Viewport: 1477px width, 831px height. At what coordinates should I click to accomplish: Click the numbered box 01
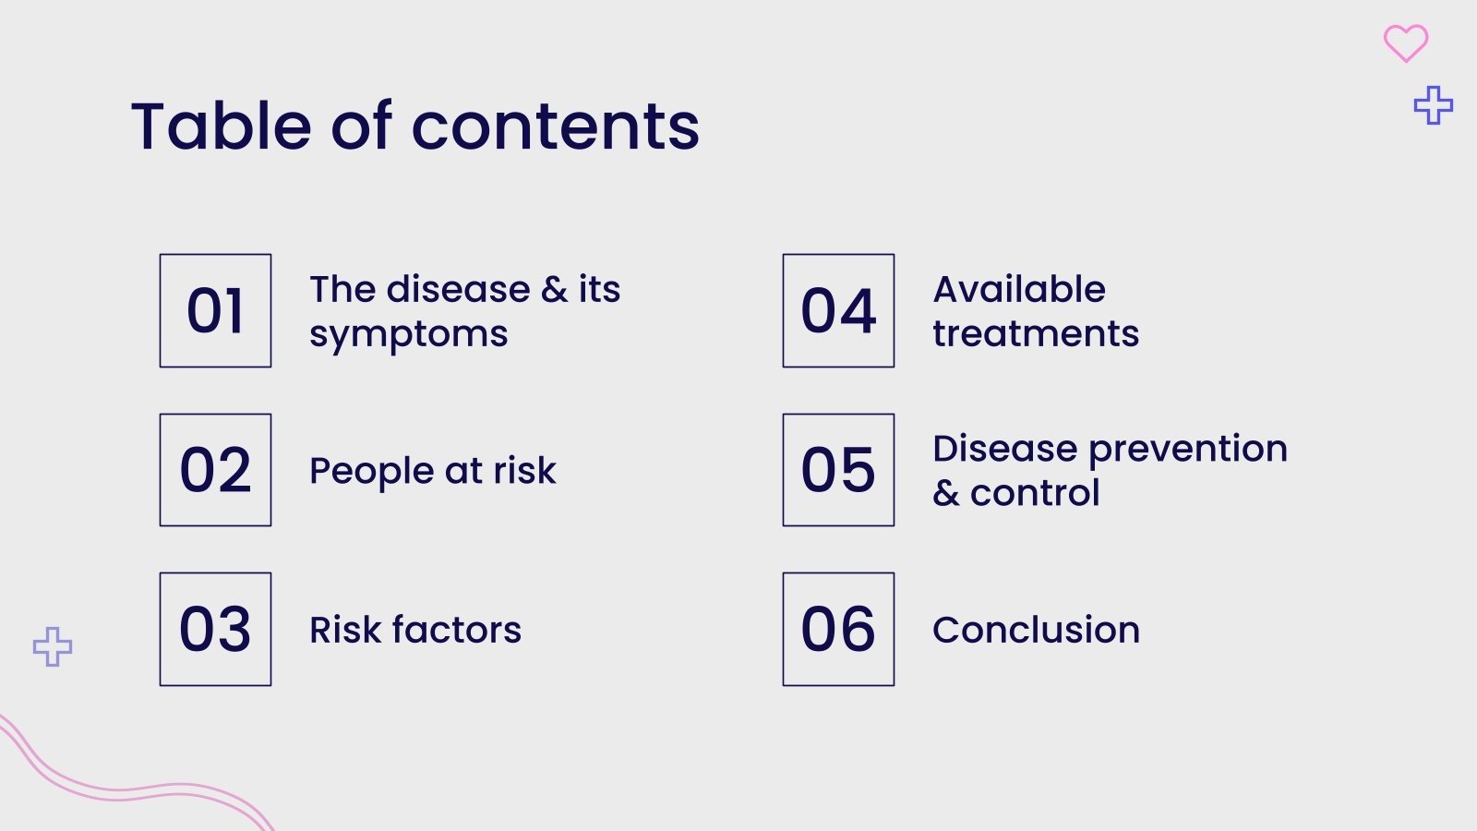click(215, 310)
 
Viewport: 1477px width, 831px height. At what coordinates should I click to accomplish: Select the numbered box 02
click(215, 470)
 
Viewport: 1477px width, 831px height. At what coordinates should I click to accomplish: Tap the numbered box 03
click(215, 629)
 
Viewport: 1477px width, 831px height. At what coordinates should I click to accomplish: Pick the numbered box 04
click(838, 310)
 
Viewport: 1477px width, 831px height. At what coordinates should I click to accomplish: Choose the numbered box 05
click(838, 470)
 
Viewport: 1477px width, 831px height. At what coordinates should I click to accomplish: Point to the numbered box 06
click(838, 629)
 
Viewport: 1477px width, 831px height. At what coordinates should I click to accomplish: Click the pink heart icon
click(1405, 42)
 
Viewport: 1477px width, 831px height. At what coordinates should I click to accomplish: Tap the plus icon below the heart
click(1433, 105)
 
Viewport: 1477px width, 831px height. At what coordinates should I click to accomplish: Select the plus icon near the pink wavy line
click(53, 646)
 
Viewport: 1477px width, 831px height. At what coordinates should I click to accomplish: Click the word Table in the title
click(222, 126)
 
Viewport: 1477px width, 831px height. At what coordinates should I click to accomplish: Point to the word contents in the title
click(555, 126)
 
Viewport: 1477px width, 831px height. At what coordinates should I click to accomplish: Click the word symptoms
click(408, 335)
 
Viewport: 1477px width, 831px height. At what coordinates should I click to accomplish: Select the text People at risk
click(432, 471)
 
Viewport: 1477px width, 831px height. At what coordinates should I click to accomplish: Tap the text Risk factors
click(415, 630)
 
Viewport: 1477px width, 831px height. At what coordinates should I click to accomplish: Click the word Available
click(1019, 289)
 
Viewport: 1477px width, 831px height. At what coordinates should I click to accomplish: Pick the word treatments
click(1036, 333)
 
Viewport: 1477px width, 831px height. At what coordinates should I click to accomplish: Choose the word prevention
click(1188, 450)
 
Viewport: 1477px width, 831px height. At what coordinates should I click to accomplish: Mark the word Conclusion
click(1036, 630)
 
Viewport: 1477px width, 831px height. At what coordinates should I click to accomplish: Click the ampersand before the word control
click(946, 493)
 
